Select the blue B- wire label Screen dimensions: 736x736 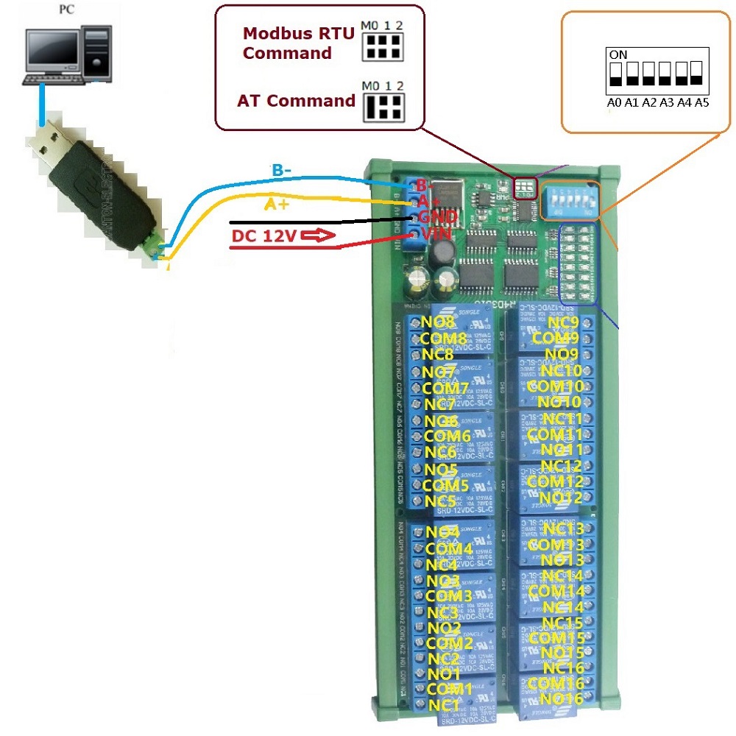point(283,171)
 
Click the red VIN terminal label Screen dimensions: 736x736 point(436,234)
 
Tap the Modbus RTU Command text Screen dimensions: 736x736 point(298,43)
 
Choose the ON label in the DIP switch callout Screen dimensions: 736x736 point(618,54)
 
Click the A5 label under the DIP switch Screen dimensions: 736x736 point(701,103)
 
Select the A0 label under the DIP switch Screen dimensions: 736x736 point(614,103)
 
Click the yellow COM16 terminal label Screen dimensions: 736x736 point(556,684)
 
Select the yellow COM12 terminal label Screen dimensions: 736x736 point(556,481)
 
